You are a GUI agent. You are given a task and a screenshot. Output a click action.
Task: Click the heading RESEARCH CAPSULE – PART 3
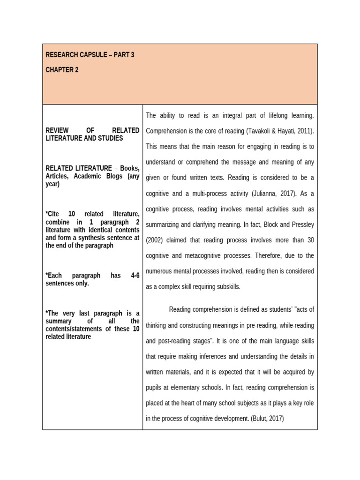(x=90, y=55)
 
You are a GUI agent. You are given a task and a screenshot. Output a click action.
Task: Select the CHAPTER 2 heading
(x=62, y=70)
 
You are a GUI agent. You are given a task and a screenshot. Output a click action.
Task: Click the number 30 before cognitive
(x=310, y=240)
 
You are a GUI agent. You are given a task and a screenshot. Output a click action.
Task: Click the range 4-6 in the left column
(x=135, y=276)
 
